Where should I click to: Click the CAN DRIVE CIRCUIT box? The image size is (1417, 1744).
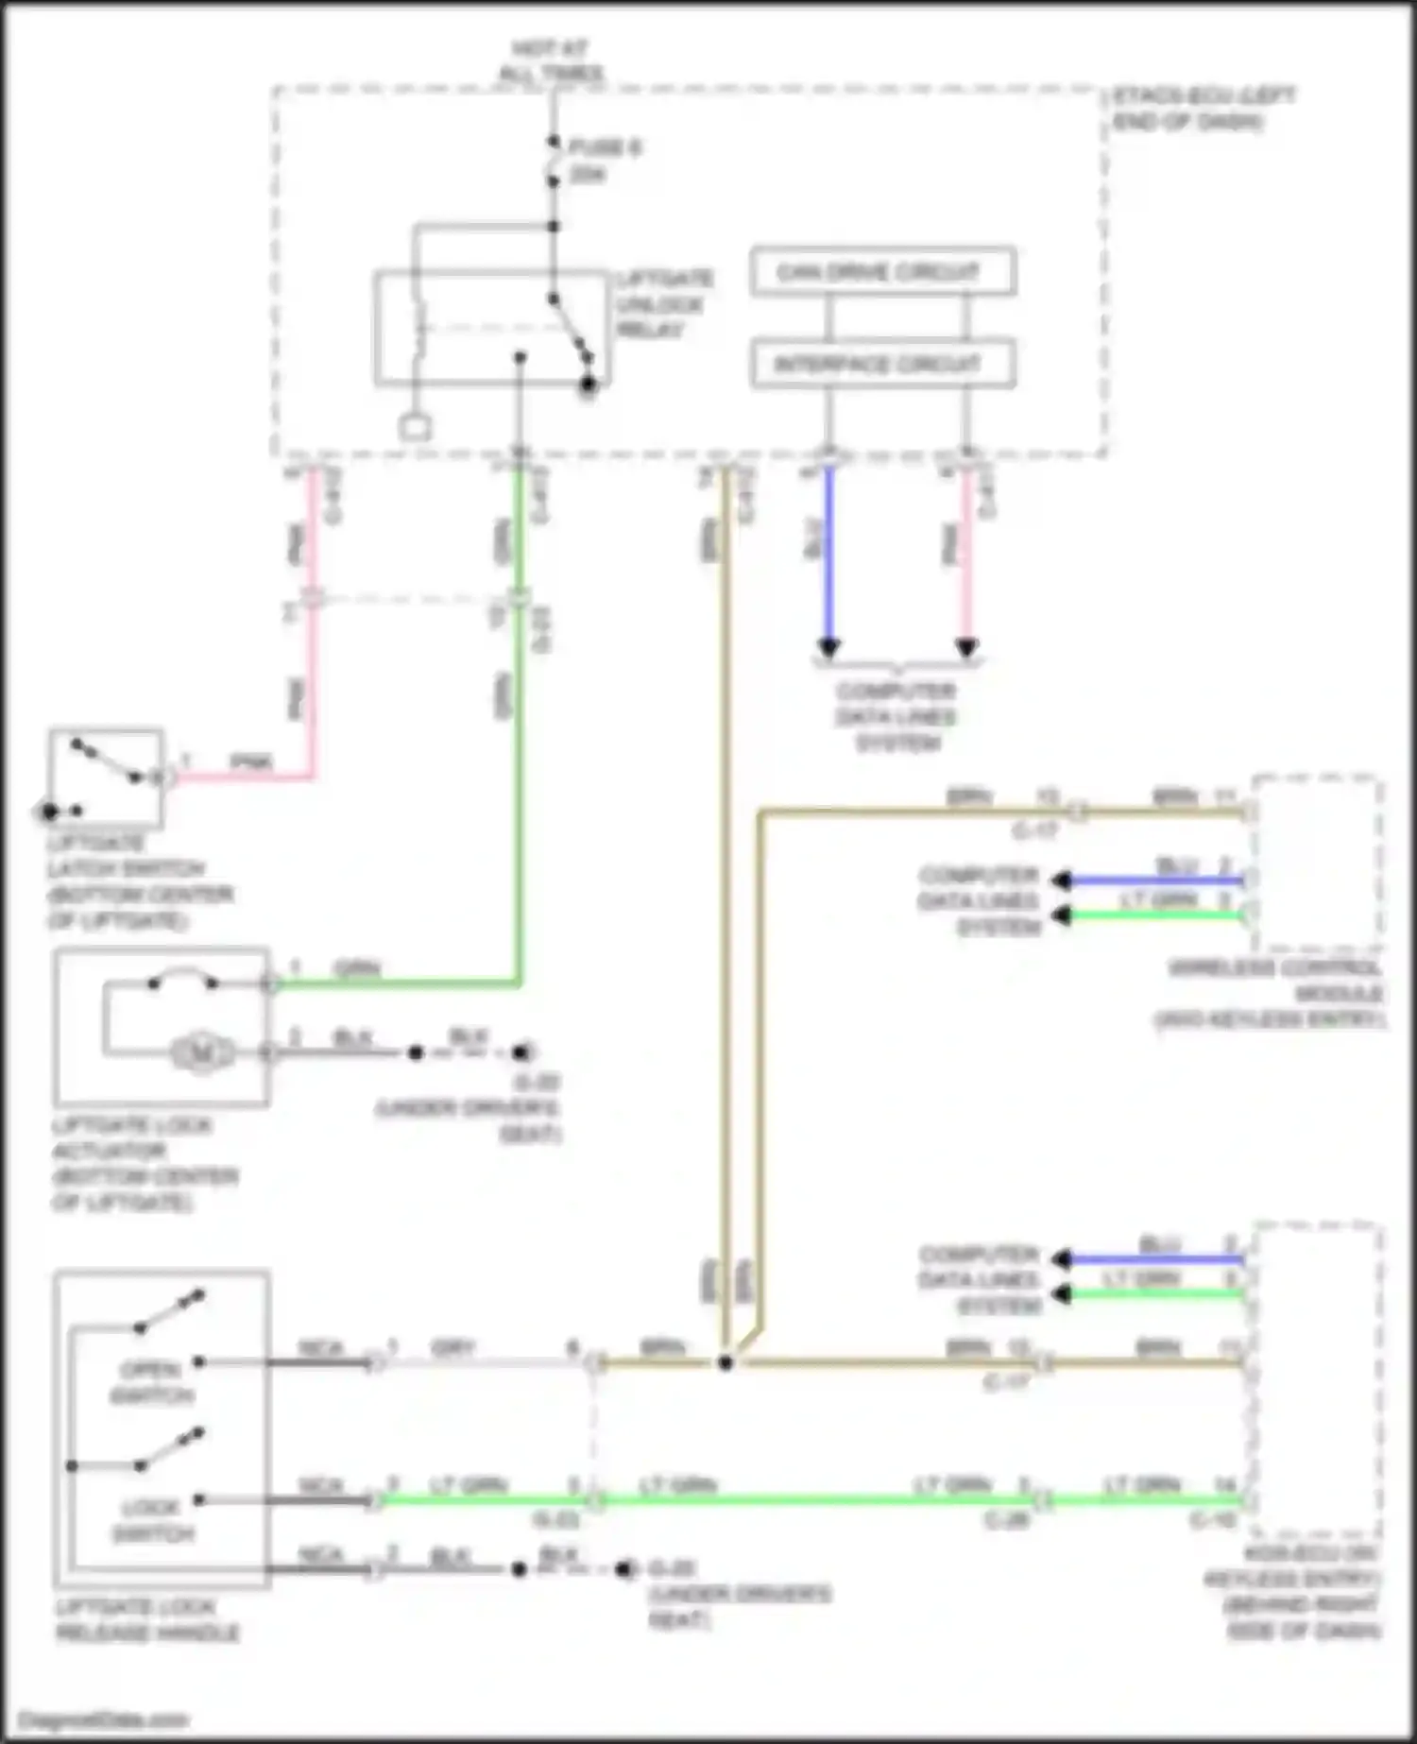882,272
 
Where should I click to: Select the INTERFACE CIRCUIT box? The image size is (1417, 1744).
882,364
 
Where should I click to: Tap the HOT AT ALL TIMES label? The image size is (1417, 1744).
551,60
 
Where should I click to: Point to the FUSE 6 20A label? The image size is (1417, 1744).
605,161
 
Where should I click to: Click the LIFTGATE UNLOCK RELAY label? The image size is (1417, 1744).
664,304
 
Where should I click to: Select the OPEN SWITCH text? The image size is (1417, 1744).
151,1382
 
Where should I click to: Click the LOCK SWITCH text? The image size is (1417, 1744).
151,1520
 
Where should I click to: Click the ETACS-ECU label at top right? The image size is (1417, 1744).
1202,108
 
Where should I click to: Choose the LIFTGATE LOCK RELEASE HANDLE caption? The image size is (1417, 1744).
147,1619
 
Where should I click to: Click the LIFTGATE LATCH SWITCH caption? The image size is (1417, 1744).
140,881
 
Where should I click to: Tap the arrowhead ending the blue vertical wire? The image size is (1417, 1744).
828,648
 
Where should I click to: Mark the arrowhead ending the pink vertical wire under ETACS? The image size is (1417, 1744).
966,648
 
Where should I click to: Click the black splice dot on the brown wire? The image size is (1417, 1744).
725,1362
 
